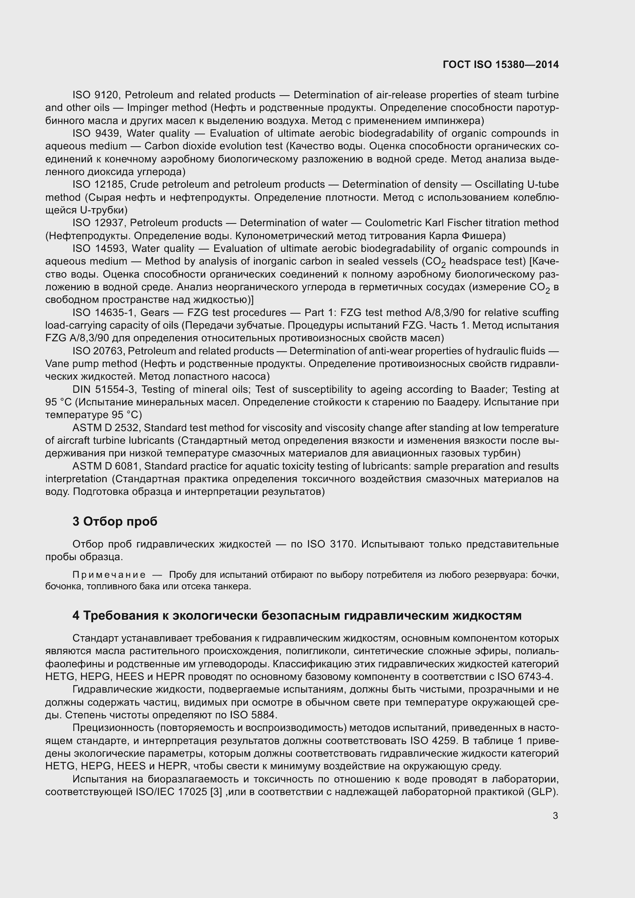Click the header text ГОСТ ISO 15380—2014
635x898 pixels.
click(501, 64)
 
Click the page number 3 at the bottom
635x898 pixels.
click(555, 815)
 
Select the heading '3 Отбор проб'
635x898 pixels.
click(115, 521)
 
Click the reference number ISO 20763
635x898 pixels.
click(100, 351)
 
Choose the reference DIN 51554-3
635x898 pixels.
click(104, 389)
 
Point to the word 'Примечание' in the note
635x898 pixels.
click(109, 575)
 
